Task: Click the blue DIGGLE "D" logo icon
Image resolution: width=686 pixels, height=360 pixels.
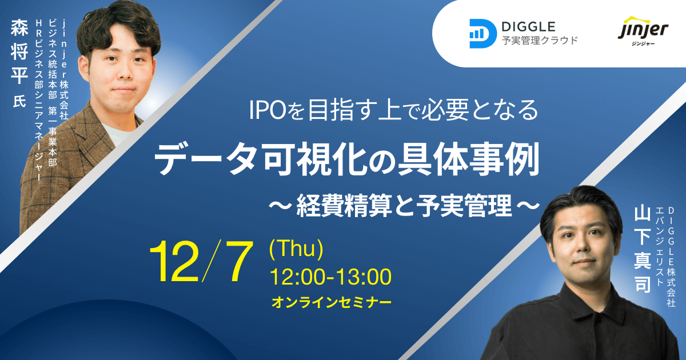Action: [x=483, y=34]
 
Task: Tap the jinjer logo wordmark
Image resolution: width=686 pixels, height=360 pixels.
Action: [x=643, y=29]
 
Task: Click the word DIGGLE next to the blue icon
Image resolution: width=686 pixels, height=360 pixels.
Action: [x=529, y=27]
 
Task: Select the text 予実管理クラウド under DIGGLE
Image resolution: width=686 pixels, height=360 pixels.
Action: [x=540, y=40]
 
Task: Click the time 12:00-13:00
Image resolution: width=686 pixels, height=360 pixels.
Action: [x=331, y=277]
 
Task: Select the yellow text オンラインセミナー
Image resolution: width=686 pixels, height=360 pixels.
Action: [x=332, y=302]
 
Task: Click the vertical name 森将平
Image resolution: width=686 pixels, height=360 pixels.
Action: [x=19, y=52]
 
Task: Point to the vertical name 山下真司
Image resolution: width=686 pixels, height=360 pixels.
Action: [x=642, y=250]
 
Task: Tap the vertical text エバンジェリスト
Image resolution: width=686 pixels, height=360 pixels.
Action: [x=659, y=246]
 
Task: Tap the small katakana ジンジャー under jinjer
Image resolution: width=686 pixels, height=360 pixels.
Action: [x=643, y=44]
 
